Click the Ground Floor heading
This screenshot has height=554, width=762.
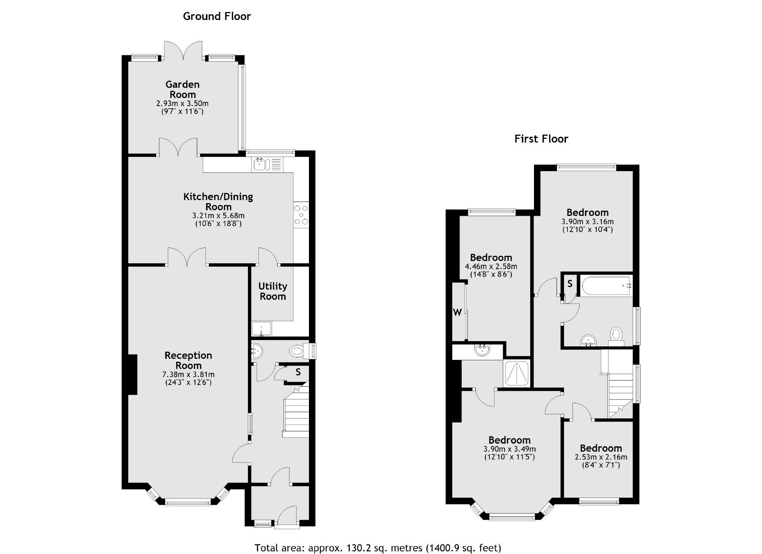(x=217, y=16)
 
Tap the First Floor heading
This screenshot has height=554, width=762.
(x=541, y=139)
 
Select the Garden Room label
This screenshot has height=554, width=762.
(x=183, y=90)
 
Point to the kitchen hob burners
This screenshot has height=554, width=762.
(x=301, y=215)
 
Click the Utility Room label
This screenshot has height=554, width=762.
(x=272, y=291)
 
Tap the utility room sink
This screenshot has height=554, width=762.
(x=262, y=329)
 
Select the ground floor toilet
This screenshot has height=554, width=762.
(x=297, y=351)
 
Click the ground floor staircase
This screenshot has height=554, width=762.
(x=296, y=416)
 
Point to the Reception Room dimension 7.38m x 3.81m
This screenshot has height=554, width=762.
(x=188, y=375)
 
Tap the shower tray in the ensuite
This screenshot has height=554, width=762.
(x=517, y=373)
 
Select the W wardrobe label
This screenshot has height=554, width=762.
(x=457, y=312)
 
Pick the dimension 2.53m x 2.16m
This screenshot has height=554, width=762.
(x=601, y=457)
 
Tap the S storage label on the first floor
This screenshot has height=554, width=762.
(x=570, y=284)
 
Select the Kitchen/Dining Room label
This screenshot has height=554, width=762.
(x=218, y=201)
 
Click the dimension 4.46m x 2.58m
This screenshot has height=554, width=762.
(x=491, y=266)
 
